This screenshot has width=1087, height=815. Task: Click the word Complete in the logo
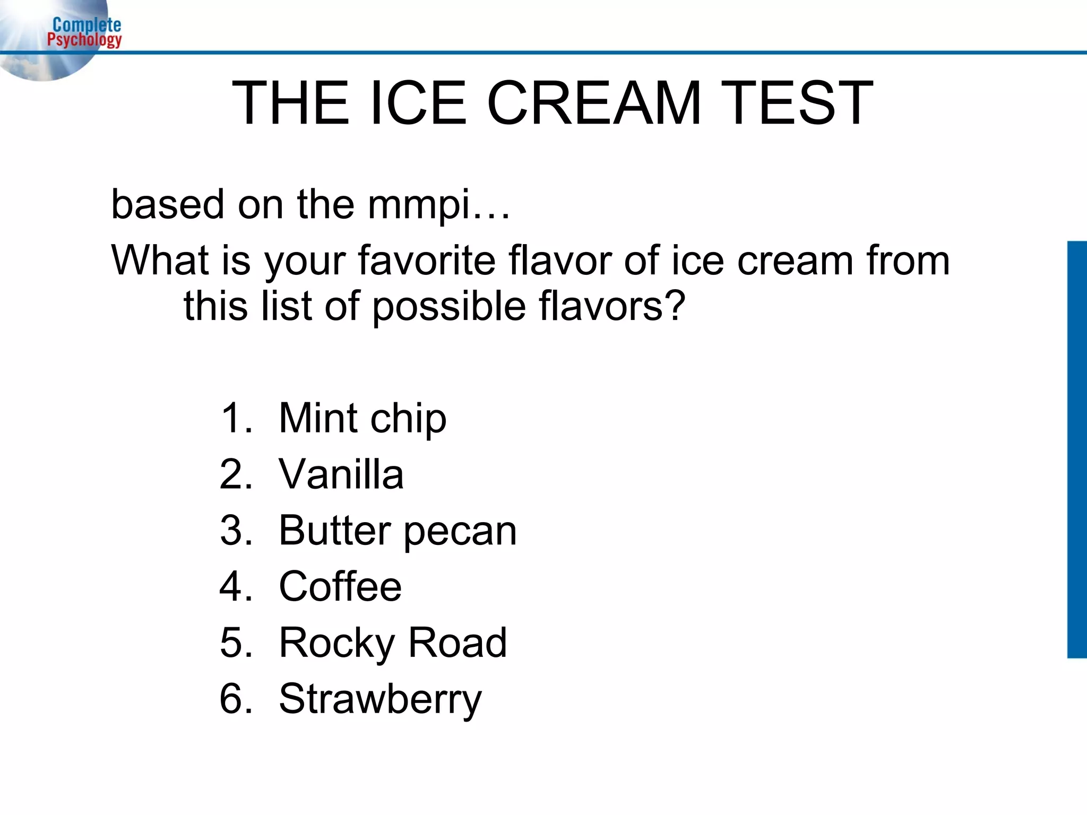pos(87,25)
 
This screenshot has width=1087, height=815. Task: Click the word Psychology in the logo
pos(84,40)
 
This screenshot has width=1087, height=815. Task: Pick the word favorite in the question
pos(427,261)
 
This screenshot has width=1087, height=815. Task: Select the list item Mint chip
pos(363,419)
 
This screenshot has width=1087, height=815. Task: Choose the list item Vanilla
pos(341,474)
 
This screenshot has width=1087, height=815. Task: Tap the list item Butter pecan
pos(398,530)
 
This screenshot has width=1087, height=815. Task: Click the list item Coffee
pos(340,586)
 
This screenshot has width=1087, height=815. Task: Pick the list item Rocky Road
pos(393,643)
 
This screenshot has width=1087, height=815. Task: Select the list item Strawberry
pos(380,699)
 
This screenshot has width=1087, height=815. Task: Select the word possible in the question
pos(448,306)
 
